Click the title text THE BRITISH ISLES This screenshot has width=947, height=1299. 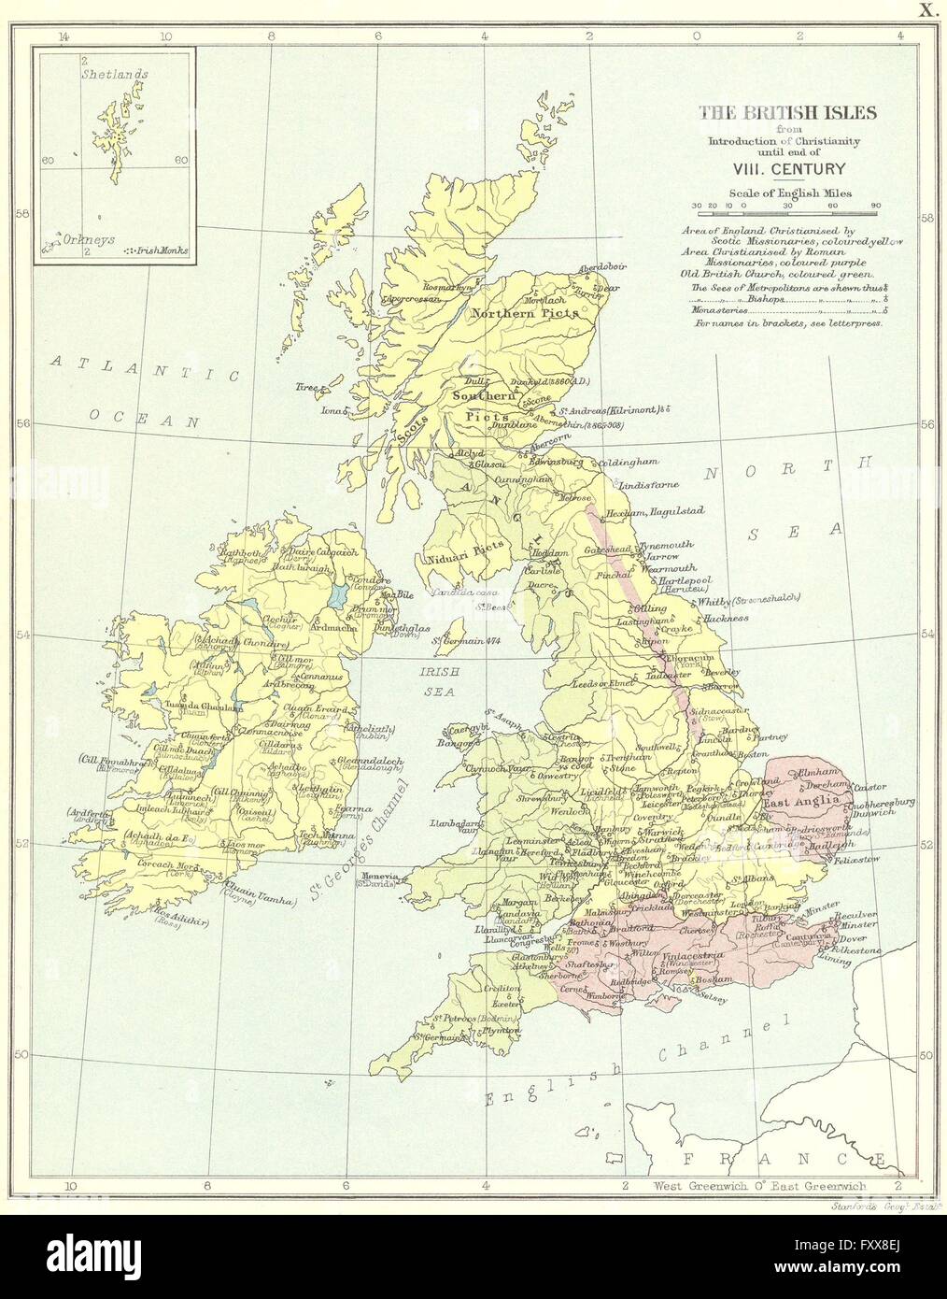click(x=788, y=113)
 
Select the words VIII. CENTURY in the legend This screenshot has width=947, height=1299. click(x=789, y=168)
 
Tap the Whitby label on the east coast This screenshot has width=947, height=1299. click(x=714, y=603)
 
